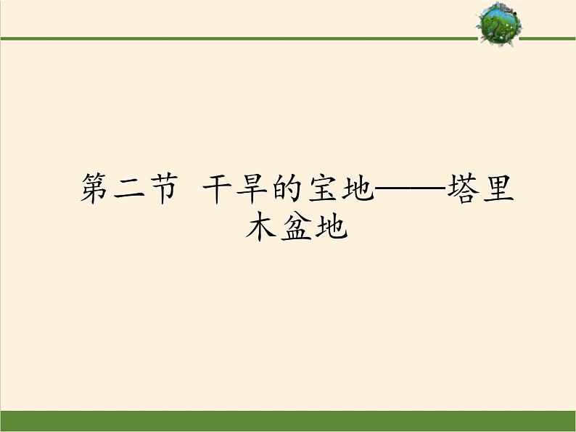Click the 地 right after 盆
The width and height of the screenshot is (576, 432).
tap(332, 227)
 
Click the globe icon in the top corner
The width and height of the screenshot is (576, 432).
tap(498, 23)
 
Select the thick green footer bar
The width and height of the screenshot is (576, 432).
tap(288, 421)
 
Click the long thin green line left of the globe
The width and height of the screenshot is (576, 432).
tap(239, 38)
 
